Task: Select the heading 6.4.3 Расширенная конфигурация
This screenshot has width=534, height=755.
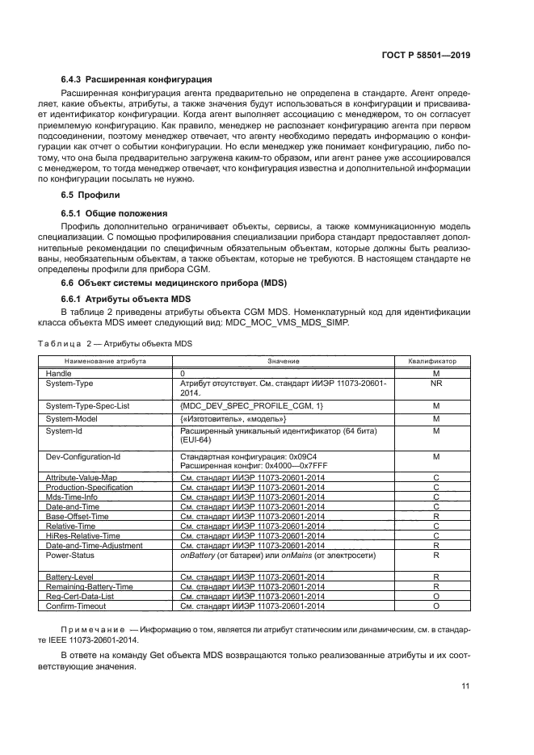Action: [137, 80]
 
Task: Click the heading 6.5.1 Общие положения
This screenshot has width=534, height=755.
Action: [114, 213]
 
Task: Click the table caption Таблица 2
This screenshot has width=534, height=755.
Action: [66, 343]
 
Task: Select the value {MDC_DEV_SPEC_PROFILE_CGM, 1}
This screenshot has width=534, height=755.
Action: [251, 405]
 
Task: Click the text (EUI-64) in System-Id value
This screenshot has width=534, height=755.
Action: [195, 442]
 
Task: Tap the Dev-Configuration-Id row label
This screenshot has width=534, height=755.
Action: [83, 456]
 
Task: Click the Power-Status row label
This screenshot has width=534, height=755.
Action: [69, 556]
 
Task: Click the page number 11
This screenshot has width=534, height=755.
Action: [466, 686]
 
